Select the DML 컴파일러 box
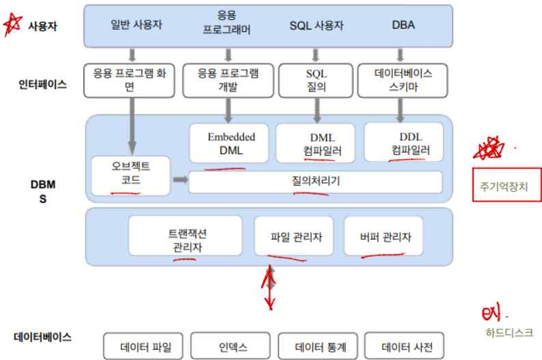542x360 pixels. point(316,143)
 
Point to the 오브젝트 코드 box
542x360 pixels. point(131,174)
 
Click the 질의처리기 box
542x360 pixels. point(315,182)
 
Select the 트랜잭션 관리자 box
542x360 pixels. point(186,236)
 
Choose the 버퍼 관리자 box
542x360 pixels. point(383,236)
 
